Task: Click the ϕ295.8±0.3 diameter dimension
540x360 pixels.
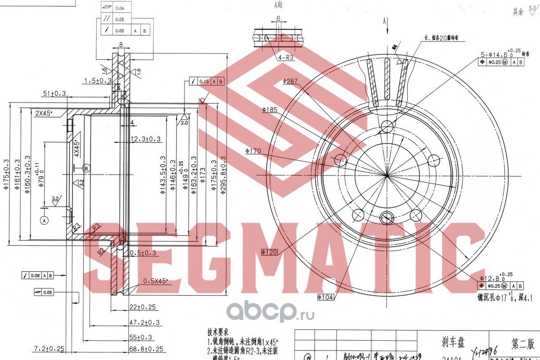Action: (224, 175)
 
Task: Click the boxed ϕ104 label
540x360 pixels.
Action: (325, 297)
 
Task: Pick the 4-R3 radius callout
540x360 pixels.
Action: (286, 58)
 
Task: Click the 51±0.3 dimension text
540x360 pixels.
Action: (54, 94)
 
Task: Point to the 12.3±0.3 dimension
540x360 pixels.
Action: (145, 139)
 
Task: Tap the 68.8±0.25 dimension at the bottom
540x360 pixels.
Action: (145, 349)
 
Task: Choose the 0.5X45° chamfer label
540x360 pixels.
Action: (155, 281)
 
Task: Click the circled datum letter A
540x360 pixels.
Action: (44, 220)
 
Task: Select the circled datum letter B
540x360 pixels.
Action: (87, 167)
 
